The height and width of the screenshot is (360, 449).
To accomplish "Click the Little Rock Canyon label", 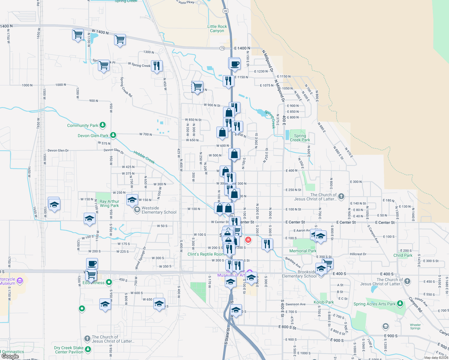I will point(217,28).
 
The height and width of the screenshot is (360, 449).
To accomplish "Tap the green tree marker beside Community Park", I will point(103,125).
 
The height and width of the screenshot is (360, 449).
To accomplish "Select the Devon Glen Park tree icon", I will point(113,135).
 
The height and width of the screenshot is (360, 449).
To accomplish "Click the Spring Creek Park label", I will point(300,138).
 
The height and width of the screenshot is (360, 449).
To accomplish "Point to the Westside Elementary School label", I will point(159,210).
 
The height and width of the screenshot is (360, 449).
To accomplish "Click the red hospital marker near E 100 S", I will point(248,240).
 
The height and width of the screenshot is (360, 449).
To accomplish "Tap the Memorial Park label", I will point(303,251).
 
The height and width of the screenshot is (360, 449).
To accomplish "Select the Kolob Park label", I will point(324,302).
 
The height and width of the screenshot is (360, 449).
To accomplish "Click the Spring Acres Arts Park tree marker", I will point(400,304).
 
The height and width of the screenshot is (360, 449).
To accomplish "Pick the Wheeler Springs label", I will point(415,326).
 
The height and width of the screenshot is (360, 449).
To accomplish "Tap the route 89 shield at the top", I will point(226,11).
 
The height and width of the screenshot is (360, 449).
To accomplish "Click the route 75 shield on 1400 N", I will point(222,48).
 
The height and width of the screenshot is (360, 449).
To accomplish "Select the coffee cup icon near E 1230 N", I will point(235,64).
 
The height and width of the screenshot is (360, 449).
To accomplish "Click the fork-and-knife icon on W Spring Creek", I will point(157,65).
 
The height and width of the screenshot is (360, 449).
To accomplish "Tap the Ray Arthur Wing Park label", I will point(109,203).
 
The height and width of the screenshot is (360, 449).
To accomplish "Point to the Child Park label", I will point(403,255).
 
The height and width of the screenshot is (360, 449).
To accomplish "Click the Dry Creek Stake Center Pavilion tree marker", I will point(88,349).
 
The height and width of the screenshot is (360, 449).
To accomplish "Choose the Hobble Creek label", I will point(144,157).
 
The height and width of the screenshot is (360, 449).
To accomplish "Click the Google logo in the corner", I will point(10,356).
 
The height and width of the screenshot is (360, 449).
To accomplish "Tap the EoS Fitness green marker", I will point(109,282).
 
